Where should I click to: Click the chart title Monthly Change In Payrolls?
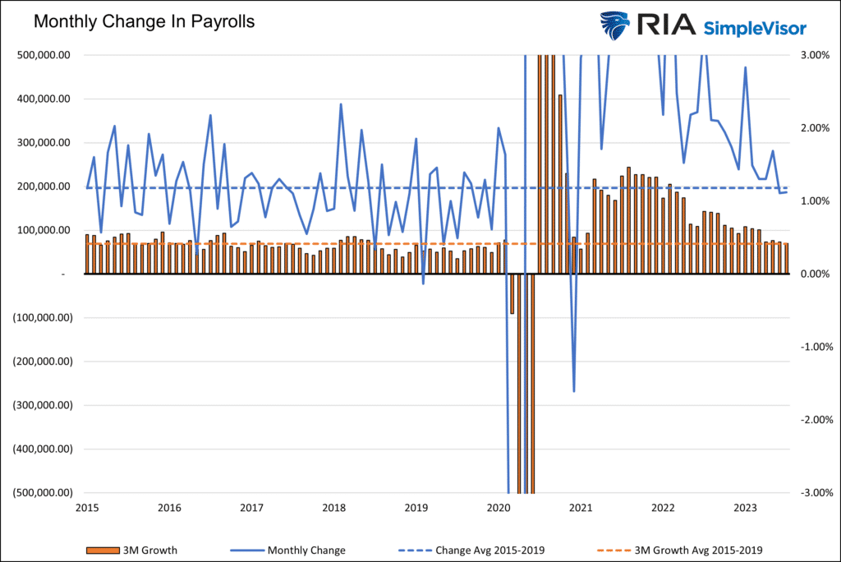pyautogui.click(x=144, y=21)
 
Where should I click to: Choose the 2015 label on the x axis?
pyautogui.click(x=86, y=507)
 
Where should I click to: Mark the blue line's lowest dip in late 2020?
pyautogui.click(x=574, y=391)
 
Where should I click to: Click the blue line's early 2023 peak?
pyautogui.click(x=745, y=67)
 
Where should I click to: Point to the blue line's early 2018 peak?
pyautogui.click(x=341, y=104)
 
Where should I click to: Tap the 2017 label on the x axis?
pyautogui.click(x=251, y=507)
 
